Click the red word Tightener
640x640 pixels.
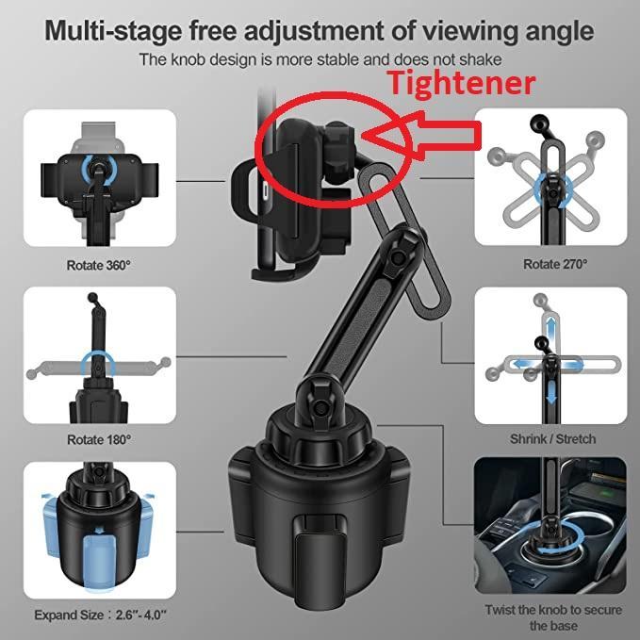click(462, 83)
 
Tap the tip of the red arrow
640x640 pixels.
click(363, 135)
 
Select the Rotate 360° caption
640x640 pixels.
click(99, 265)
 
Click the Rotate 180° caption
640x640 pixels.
click(99, 439)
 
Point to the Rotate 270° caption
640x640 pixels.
click(555, 264)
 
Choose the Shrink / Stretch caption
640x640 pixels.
click(552, 439)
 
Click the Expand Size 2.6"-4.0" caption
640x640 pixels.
click(101, 615)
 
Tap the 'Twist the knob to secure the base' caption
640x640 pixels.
click(553, 617)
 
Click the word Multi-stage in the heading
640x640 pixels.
click(112, 31)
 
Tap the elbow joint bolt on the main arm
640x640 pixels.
click(396, 256)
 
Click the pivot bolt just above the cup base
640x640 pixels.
click(321, 407)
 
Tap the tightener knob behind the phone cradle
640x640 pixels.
click(337, 152)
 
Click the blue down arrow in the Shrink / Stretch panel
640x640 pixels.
click(551, 393)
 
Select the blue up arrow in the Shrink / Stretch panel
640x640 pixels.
click(551, 327)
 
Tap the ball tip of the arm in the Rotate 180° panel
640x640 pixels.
click(92, 297)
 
